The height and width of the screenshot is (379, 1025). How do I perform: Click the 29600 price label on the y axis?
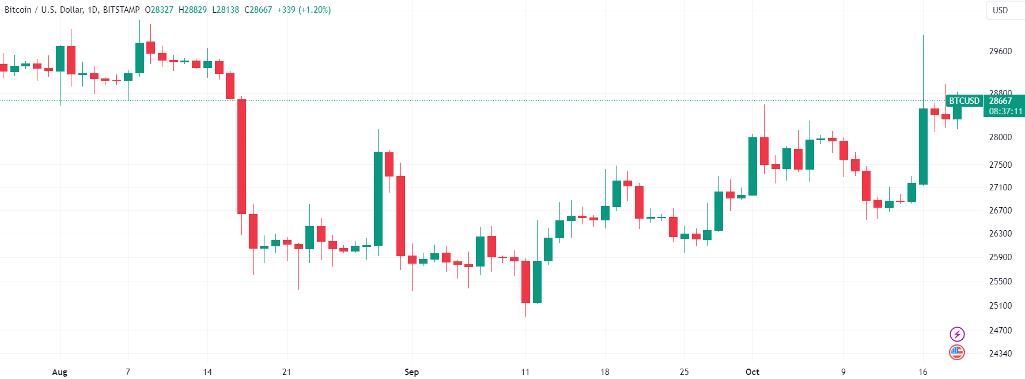click(x=1000, y=51)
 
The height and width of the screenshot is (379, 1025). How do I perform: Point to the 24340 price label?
click(x=1000, y=353)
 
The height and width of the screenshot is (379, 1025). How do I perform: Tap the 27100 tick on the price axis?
click(x=1000, y=187)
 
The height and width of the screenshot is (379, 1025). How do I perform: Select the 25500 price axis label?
click(x=1000, y=282)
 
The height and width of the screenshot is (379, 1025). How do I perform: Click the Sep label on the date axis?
click(x=411, y=372)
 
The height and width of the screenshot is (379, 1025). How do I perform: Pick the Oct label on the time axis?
click(x=752, y=372)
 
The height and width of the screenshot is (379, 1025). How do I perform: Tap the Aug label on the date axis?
click(x=60, y=372)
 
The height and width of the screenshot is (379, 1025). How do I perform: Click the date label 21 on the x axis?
click(x=286, y=372)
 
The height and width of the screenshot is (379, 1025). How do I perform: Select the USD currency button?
click(x=1000, y=10)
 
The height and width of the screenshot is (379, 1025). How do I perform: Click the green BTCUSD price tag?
click(x=965, y=101)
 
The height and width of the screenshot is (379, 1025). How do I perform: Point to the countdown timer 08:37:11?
click(x=1005, y=111)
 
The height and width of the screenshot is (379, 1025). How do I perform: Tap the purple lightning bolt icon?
click(x=957, y=334)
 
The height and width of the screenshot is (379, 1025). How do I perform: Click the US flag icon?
click(x=957, y=352)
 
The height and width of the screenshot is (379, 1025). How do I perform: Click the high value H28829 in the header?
click(x=192, y=10)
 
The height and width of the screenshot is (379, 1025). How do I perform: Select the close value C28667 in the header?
click(x=258, y=10)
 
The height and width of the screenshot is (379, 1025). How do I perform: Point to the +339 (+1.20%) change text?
click(x=304, y=10)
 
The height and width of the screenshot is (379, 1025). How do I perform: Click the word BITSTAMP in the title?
click(x=121, y=10)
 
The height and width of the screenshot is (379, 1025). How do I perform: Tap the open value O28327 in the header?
click(x=159, y=10)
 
